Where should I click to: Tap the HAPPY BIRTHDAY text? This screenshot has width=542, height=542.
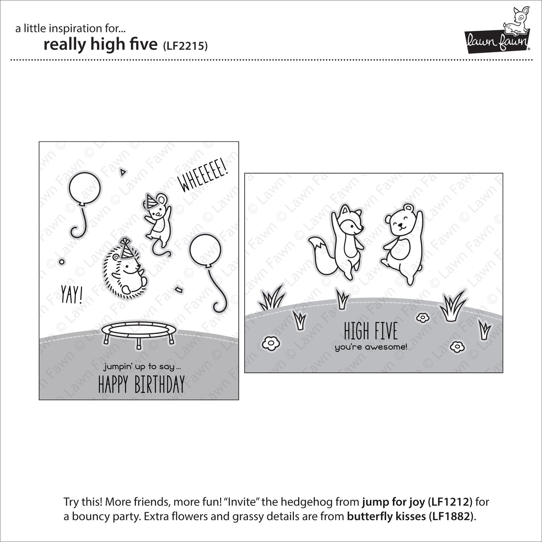(141, 384)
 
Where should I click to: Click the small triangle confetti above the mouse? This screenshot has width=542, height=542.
(122, 171)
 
